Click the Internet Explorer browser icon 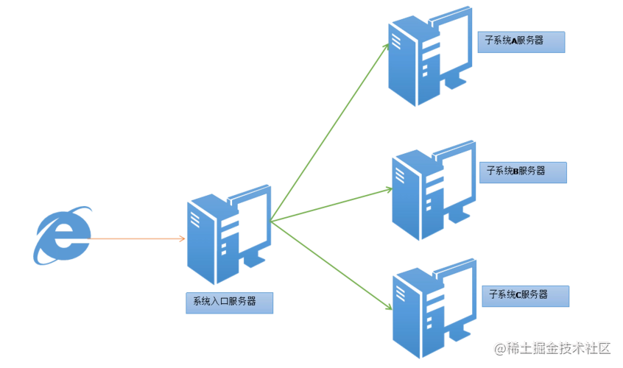pyautogui.click(x=63, y=236)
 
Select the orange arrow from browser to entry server pyautogui.click(x=136, y=238)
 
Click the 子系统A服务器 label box pyautogui.click(x=521, y=42)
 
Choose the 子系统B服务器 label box pyautogui.click(x=523, y=172)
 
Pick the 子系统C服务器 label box pyautogui.click(x=525, y=296)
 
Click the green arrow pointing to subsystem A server pyautogui.click(x=329, y=132)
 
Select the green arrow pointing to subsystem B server pyautogui.click(x=331, y=205)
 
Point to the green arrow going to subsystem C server pyautogui.click(x=331, y=265)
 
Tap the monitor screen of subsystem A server pyautogui.click(x=453, y=43)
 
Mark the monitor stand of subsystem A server pyautogui.click(x=455, y=82)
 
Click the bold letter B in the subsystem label pyautogui.click(x=516, y=171)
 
